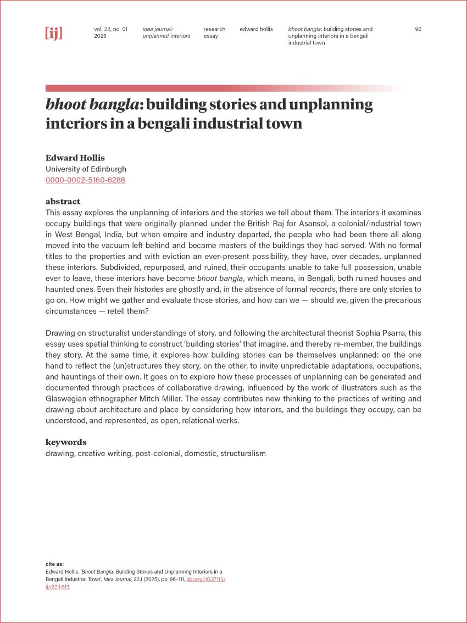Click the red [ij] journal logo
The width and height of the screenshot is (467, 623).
pyautogui.click(x=53, y=33)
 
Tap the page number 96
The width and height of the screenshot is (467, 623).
pyautogui.click(x=418, y=29)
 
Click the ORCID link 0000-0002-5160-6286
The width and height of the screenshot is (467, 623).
pyautogui.click(x=85, y=180)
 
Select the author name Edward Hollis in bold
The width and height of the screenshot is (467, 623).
pyautogui.click(x=75, y=158)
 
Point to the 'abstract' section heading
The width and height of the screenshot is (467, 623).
pyautogui.click(x=63, y=201)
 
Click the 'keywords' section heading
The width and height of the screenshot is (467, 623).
pyautogui.click(x=66, y=442)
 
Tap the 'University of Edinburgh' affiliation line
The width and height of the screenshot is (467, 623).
pyautogui.click(x=86, y=169)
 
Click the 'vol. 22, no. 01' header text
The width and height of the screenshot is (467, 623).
pyautogui.click(x=110, y=29)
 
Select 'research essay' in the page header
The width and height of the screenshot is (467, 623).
pyautogui.click(x=214, y=32)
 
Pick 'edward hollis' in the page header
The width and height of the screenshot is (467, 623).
pyautogui.click(x=256, y=29)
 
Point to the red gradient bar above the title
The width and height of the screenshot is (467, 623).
pyautogui.click(x=220, y=88)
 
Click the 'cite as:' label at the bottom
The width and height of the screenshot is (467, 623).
pyautogui.click(x=54, y=564)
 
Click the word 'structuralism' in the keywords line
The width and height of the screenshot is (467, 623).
pyautogui.click(x=243, y=454)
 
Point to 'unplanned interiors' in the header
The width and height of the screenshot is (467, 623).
pyautogui.click(x=166, y=36)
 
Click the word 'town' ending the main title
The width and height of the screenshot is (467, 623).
pyautogui.click(x=283, y=123)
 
